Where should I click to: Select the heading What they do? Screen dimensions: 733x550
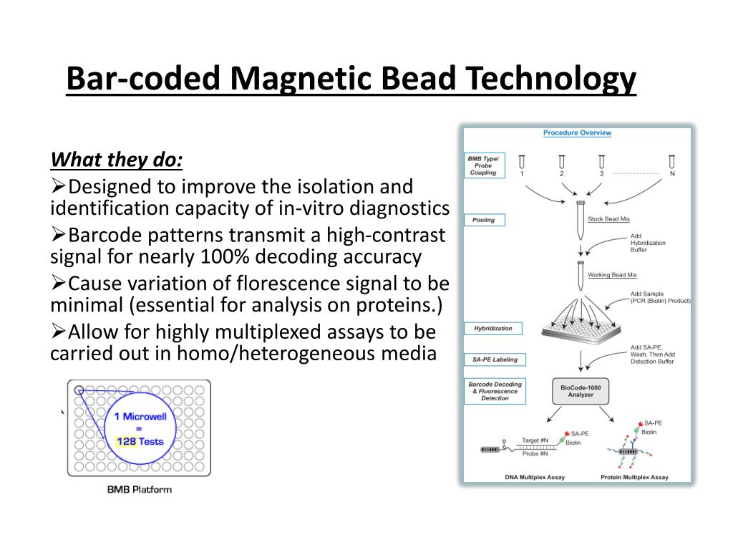tap(117, 160)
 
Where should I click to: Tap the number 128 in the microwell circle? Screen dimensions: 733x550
tap(126, 441)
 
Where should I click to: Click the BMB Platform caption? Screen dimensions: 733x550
tap(140, 490)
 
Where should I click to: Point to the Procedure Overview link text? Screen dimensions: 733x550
tap(577, 132)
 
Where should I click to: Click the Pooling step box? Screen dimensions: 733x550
tap(485, 220)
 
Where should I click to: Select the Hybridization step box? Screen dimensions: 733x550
tap(492, 328)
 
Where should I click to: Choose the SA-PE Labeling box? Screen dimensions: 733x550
tap(495, 360)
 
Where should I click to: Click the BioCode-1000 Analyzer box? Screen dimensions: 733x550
tap(581, 391)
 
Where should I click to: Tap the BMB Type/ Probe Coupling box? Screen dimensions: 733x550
tap(485, 165)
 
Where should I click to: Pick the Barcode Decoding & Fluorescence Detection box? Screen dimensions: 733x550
tap(495, 391)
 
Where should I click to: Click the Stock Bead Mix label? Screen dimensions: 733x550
tap(608, 219)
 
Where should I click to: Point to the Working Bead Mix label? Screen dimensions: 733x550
tap(612, 275)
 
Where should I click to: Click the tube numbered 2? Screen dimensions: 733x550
tap(561, 163)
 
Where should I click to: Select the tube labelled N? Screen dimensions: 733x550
tap(671, 163)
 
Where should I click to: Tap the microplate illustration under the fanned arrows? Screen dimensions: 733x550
tap(581, 330)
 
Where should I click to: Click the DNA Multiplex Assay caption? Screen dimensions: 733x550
tap(535, 477)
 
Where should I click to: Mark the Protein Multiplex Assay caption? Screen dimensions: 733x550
tap(634, 477)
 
